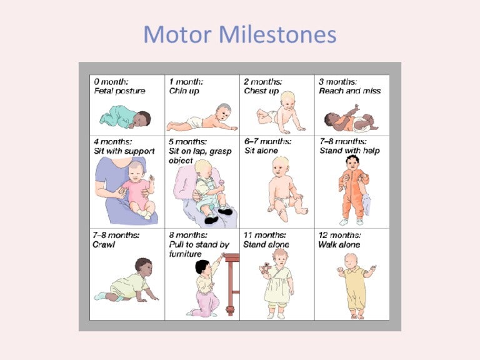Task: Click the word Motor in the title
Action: [177, 34]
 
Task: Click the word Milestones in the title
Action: [278, 34]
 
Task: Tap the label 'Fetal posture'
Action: [120, 91]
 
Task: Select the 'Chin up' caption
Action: [184, 91]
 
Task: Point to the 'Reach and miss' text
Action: [349, 91]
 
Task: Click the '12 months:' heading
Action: [340, 235]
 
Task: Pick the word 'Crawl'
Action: [104, 244]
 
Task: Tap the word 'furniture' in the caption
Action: [185, 254]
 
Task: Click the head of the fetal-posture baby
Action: [142, 119]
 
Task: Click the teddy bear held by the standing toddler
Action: [266, 268]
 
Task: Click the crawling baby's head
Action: [144, 267]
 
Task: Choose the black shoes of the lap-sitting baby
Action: [218, 215]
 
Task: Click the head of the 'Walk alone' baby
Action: [351, 261]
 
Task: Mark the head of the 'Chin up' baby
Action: [224, 112]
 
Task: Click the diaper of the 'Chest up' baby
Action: [272, 116]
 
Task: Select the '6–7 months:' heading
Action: [267, 142]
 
